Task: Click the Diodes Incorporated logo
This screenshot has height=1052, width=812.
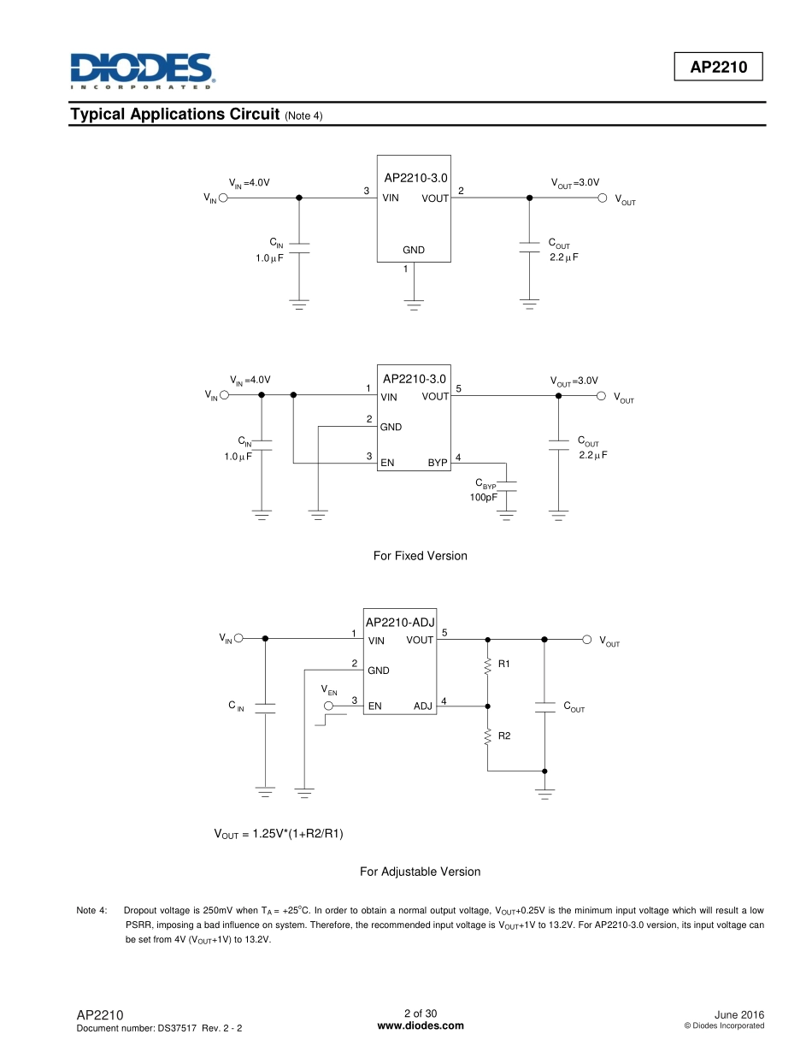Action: (x=141, y=71)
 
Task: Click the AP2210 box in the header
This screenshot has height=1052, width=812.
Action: (x=717, y=68)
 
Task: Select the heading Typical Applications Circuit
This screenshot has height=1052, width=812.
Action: (x=175, y=115)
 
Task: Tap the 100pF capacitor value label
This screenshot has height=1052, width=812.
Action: (x=483, y=497)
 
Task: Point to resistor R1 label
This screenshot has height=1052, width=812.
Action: (x=503, y=664)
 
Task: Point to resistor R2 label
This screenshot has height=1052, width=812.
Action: (x=503, y=735)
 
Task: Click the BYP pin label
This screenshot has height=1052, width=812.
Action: (x=438, y=463)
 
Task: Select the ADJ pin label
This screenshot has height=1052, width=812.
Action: (x=423, y=706)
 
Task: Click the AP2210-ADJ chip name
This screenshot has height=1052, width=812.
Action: (x=400, y=623)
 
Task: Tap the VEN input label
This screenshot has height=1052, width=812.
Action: (x=329, y=690)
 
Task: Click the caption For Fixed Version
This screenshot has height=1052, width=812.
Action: (x=420, y=556)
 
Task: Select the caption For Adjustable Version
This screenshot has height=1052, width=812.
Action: (x=420, y=872)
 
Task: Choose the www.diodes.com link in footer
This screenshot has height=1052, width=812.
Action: (x=420, y=1025)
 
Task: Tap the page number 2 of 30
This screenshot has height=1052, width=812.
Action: (x=420, y=1014)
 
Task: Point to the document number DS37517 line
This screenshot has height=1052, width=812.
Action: (x=159, y=1027)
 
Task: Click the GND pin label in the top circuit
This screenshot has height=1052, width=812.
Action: (x=414, y=251)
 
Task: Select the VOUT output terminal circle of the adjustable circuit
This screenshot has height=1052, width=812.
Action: (x=586, y=639)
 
